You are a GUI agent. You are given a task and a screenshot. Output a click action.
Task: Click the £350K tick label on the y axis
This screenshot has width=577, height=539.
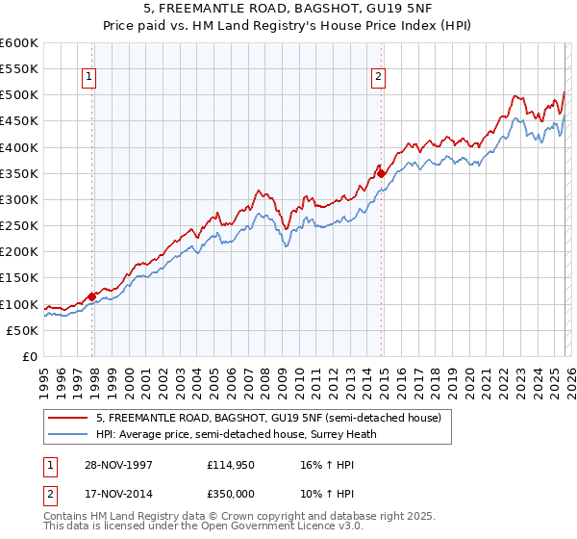click(x=19, y=174)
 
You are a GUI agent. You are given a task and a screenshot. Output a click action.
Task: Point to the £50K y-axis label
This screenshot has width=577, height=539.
click(x=22, y=330)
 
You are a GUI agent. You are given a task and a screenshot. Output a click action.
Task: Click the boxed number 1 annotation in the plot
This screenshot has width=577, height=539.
click(x=88, y=77)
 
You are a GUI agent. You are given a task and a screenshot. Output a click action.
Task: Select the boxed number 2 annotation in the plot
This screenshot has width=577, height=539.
click(x=378, y=77)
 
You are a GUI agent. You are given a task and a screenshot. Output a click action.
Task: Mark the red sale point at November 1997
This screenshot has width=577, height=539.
click(x=92, y=296)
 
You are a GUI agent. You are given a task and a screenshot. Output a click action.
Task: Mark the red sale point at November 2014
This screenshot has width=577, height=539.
click(x=381, y=174)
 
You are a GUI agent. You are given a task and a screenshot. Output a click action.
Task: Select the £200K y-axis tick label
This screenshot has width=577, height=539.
click(x=19, y=252)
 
